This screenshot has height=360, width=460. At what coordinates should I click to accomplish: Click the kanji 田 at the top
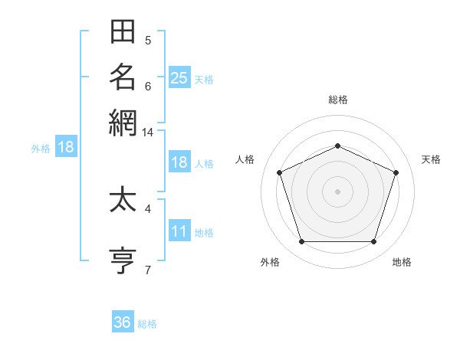click(x=123, y=31)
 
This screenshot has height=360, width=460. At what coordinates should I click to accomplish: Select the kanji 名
click(x=123, y=77)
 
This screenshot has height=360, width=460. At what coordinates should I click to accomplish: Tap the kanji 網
click(x=123, y=123)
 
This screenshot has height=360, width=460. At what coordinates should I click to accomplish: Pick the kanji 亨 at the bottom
click(x=123, y=260)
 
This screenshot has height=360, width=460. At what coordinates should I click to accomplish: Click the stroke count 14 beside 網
click(x=147, y=133)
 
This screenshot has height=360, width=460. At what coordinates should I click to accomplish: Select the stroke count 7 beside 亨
click(x=148, y=270)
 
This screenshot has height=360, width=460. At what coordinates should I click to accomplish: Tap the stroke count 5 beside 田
click(x=148, y=41)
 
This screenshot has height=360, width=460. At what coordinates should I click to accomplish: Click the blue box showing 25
click(x=179, y=77)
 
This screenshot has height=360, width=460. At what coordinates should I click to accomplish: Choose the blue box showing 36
click(x=123, y=321)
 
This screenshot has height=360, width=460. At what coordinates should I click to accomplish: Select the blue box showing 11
click(x=179, y=230)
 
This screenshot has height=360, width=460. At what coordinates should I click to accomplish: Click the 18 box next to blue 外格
click(x=66, y=146)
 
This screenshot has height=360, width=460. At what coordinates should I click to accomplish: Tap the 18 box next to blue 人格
click(x=179, y=162)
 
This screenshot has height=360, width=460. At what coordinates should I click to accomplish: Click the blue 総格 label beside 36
click(x=147, y=324)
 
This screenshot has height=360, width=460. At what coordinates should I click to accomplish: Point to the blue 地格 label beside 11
click(x=204, y=233)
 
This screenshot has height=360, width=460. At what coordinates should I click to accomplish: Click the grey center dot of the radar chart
click(x=337, y=191)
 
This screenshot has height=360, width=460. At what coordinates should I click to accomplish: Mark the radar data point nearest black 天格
click(x=396, y=172)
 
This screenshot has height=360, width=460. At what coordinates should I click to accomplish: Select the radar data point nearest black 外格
click(x=302, y=241)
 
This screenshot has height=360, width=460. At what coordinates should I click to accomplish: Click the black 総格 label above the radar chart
click(x=338, y=100)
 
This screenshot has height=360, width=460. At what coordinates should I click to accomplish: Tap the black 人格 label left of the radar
click(x=245, y=159)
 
